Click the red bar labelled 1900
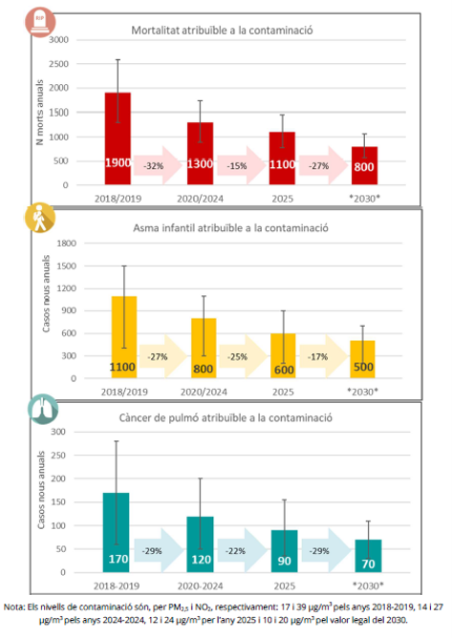click(x=118, y=138)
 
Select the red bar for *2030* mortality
click(x=364, y=165)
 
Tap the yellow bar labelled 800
click(x=204, y=349)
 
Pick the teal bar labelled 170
click(x=116, y=533)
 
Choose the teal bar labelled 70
click(x=368, y=556)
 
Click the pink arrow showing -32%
click(x=158, y=165)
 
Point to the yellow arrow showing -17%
click(x=324, y=356)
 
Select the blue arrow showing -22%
click(x=242, y=550)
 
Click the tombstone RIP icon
click(x=40, y=22)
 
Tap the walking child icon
click(x=40, y=218)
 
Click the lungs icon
click(x=43, y=410)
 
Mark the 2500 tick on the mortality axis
click(x=58, y=64)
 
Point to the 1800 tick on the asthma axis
click(x=67, y=244)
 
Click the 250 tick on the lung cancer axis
click(x=58, y=456)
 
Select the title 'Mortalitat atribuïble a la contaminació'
click(x=222, y=31)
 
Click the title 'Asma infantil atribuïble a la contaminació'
click(x=230, y=228)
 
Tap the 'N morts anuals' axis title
click(x=39, y=113)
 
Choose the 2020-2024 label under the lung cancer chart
click(x=200, y=585)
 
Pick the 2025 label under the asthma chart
click(x=283, y=392)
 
